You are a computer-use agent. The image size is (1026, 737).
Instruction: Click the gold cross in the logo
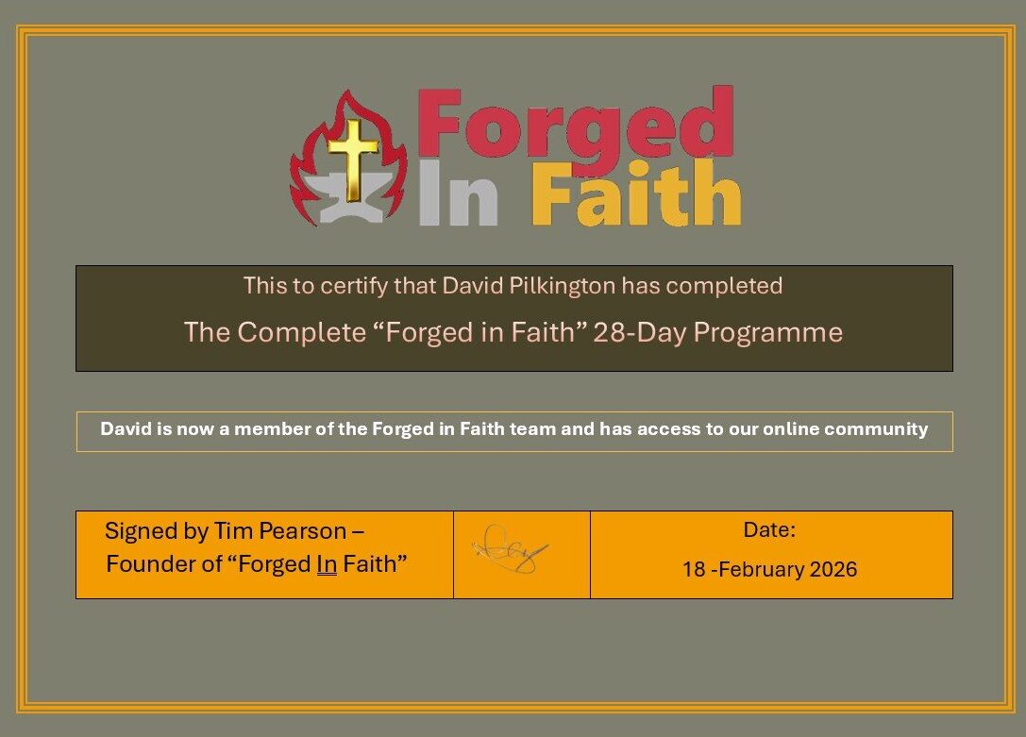(353, 159)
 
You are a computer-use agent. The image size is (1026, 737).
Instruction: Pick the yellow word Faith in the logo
(636, 193)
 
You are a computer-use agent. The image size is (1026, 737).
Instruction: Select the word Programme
(768, 333)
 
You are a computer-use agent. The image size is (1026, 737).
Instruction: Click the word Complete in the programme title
(302, 333)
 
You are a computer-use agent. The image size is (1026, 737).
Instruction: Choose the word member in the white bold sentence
(265, 429)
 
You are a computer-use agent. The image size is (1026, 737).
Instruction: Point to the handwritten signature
(511, 549)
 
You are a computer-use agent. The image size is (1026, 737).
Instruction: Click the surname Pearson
(304, 531)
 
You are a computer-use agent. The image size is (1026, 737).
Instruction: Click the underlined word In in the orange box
(328, 564)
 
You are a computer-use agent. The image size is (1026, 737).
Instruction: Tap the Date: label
(769, 529)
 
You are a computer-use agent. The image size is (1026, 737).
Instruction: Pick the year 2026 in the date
(833, 570)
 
